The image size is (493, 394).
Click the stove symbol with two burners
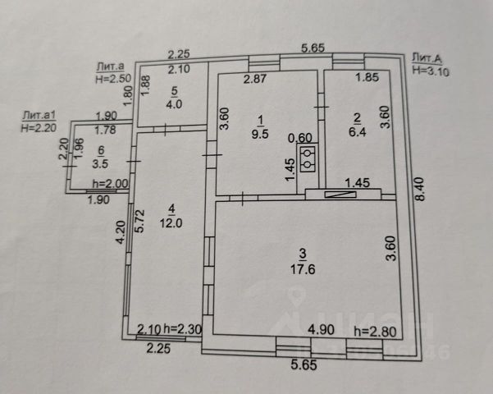pos(308,160)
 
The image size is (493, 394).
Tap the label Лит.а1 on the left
pos(38,116)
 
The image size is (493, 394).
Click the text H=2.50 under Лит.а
pos(113,80)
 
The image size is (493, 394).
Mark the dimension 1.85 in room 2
pos(366,79)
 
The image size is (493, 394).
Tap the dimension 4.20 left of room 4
pos(120,234)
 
